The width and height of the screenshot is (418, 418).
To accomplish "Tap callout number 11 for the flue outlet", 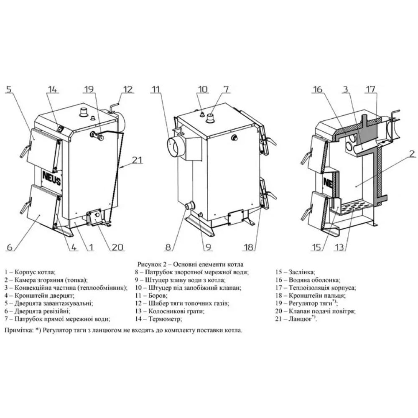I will (x=155, y=89).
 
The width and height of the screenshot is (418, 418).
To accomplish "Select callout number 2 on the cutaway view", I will (x=412, y=153).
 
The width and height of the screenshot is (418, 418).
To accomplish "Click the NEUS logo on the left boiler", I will (x=51, y=178).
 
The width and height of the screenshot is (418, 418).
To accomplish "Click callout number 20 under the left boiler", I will (x=117, y=247).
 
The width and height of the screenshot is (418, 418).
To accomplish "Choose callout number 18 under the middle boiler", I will (x=249, y=247).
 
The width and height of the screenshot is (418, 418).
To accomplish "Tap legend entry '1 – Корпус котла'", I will (x=30, y=272).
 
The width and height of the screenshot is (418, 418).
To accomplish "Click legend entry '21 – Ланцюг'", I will (x=296, y=319).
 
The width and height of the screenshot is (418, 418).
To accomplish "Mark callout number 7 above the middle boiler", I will (x=226, y=89).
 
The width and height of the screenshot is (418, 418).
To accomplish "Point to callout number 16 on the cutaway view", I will (x=317, y=89).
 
